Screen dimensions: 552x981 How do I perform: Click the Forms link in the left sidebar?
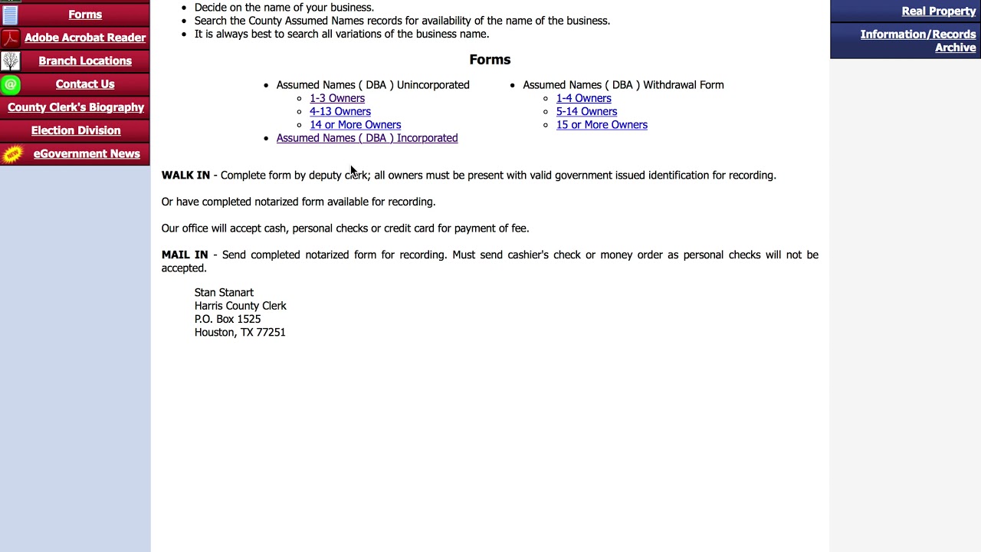click(84, 15)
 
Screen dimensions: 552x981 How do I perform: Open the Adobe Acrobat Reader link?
click(84, 38)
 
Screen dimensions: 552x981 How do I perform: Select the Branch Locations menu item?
click(84, 61)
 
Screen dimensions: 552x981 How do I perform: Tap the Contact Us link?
click(84, 84)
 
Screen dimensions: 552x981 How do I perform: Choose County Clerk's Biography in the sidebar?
click(76, 107)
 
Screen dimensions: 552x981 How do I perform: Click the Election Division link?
click(76, 130)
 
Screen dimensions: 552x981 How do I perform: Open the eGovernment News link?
click(87, 153)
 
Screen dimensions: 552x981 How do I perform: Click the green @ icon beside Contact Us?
click(11, 84)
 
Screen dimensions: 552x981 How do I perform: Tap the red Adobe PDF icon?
click(11, 38)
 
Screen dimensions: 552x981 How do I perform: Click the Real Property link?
click(938, 11)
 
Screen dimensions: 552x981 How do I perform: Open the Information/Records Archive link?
click(917, 41)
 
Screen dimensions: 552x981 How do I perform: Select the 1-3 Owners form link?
click(337, 98)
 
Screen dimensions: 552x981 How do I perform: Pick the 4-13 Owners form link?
click(340, 111)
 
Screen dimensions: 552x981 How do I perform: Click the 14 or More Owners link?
click(355, 124)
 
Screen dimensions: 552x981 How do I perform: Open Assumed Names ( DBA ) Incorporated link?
click(367, 138)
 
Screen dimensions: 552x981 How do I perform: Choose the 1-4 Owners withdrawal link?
click(583, 98)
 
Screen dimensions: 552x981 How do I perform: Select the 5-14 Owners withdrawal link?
click(586, 111)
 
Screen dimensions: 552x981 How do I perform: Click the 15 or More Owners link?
click(602, 124)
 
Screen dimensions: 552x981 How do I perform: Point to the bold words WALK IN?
click(185, 176)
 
